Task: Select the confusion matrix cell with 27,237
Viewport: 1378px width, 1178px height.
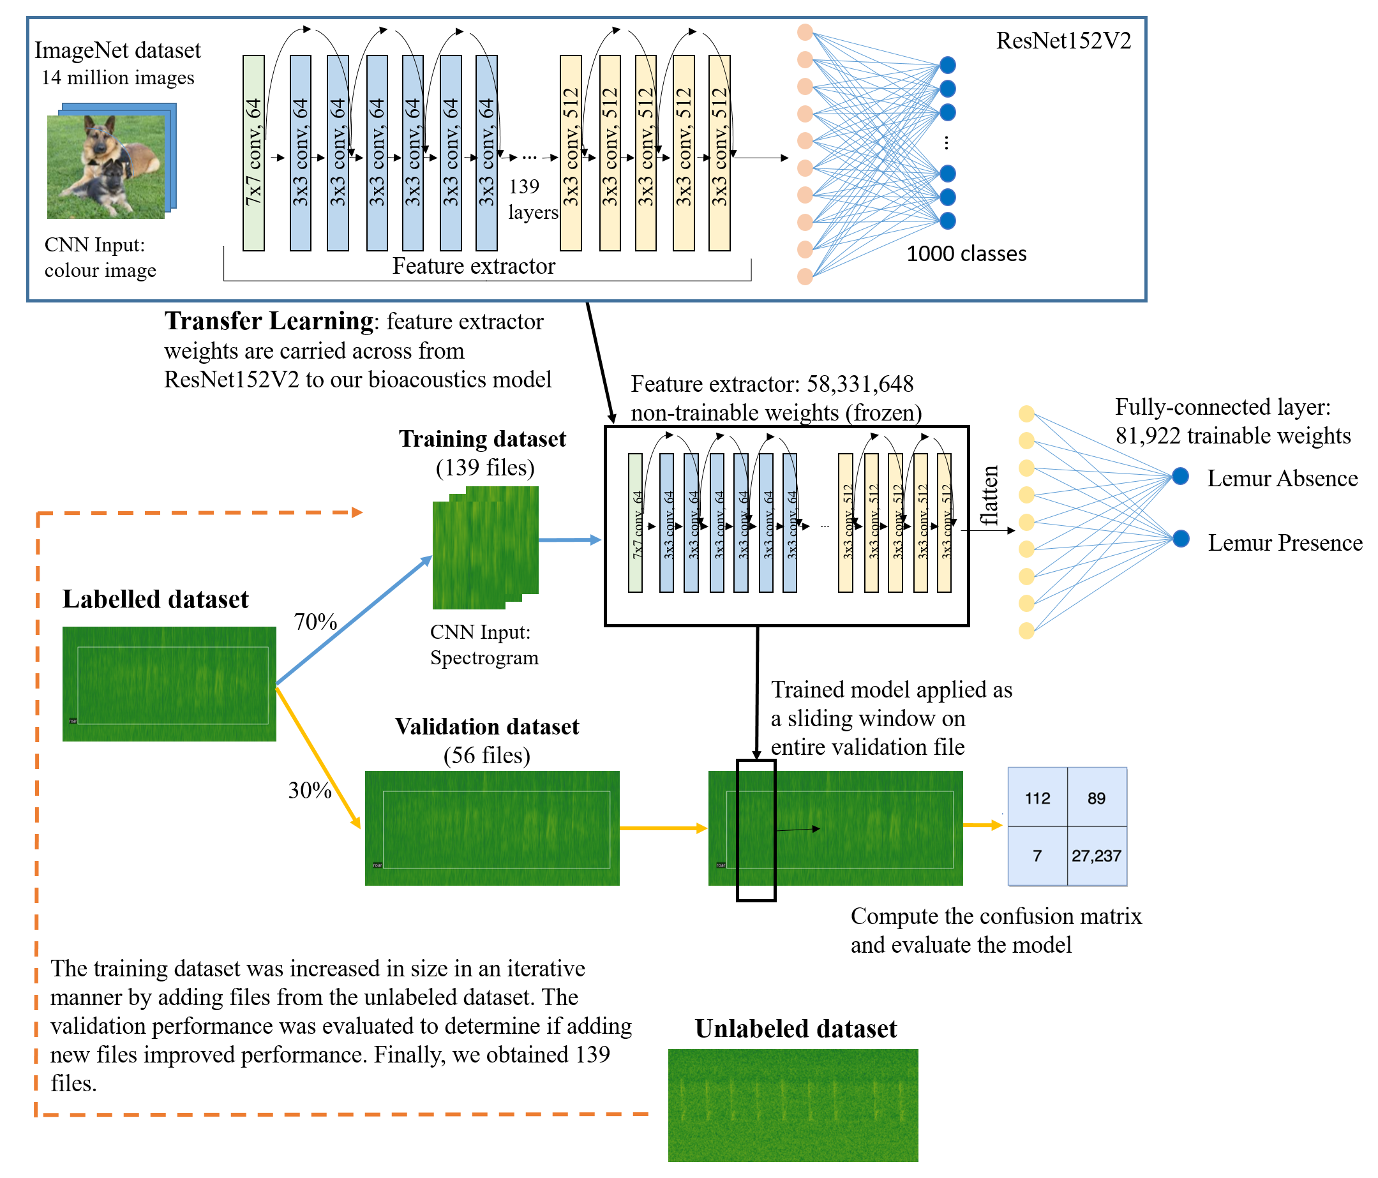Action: tap(1097, 856)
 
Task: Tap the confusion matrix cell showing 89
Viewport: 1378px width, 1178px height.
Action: tap(1097, 798)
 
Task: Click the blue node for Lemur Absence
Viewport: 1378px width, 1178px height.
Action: tap(1181, 476)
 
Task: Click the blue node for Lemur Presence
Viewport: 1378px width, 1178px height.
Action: tap(1181, 539)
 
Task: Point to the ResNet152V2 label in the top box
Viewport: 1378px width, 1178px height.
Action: tap(1063, 41)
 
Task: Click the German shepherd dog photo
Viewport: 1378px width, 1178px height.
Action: tap(106, 166)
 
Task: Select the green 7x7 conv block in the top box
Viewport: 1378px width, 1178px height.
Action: tap(253, 153)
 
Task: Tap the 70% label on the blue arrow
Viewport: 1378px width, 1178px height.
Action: tap(315, 622)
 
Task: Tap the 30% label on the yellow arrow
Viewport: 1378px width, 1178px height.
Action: tap(310, 791)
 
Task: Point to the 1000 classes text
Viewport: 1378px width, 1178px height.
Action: tap(966, 254)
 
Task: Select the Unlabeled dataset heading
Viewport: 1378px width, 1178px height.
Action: tap(795, 1029)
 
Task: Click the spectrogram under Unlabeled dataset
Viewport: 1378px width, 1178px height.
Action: tap(793, 1105)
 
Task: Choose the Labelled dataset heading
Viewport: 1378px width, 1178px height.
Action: tap(155, 600)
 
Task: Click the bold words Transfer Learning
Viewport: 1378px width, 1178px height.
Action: tap(269, 321)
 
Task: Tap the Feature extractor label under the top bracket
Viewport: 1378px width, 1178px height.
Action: tap(474, 266)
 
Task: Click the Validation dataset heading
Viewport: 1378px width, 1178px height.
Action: tap(487, 727)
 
